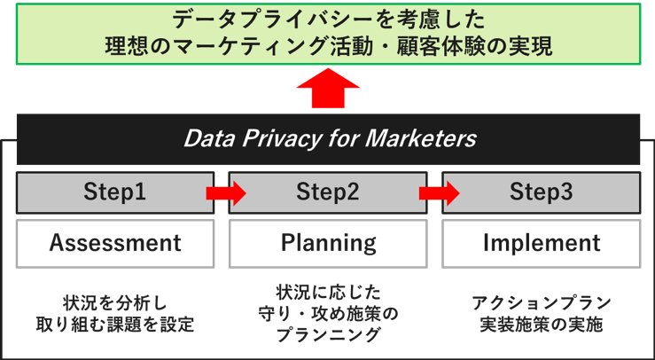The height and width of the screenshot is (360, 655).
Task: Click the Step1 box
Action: coord(114,192)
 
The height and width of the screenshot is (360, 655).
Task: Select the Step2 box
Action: coord(328,192)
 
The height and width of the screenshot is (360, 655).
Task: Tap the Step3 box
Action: coord(541,192)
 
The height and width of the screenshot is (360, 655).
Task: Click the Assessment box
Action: coord(115,243)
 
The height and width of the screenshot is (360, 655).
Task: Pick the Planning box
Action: coord(328,243)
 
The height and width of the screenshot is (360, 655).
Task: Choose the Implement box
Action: coord(541,243)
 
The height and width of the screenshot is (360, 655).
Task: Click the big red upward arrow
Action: coord(327,90)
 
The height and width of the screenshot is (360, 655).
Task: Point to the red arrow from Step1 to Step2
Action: coord(225,192)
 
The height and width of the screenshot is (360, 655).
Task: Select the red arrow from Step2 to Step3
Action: coord(439,192)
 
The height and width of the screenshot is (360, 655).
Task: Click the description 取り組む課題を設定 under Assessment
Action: coord(115,324)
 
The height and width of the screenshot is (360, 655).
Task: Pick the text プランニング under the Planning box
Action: coord(328,335)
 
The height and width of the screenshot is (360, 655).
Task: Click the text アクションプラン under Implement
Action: coord(541,302)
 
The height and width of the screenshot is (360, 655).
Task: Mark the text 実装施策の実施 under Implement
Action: coord(541,324)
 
